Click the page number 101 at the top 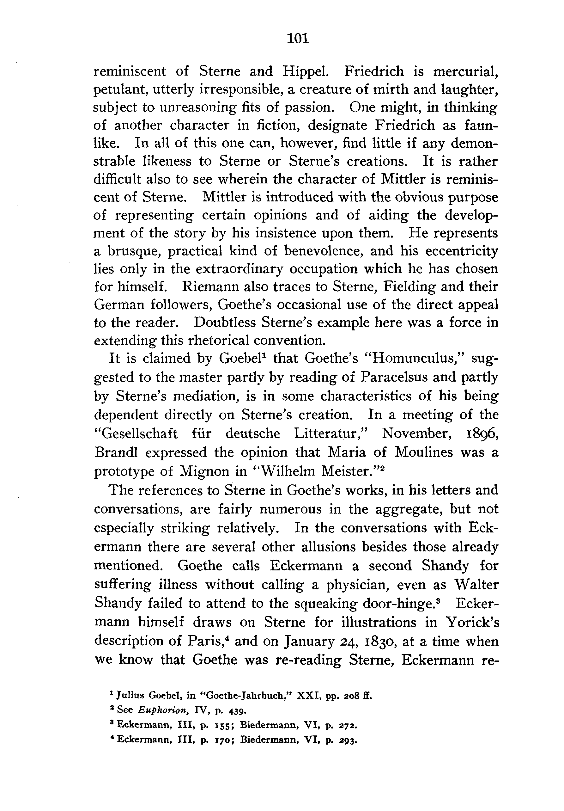pos(298,39)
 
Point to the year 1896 pos(480,433)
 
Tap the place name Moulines pos(423,452)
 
